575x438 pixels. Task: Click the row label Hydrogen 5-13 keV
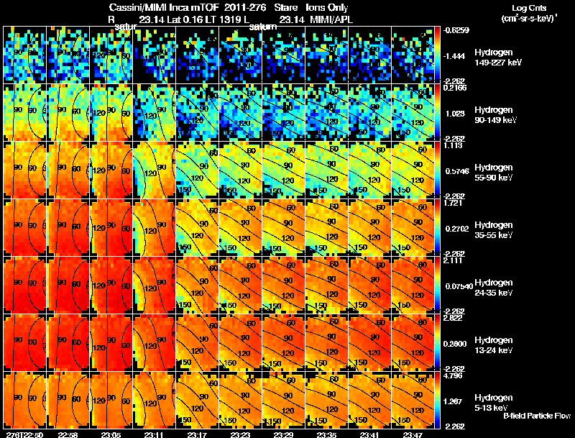click(x=493, y=402)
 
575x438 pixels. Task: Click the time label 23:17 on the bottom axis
click(x=197, y=434)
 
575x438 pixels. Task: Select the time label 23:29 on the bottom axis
click(x=283, y=434)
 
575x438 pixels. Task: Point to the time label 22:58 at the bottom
click(x=68, y=434)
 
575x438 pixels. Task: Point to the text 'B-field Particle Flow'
click(x=536, y=416)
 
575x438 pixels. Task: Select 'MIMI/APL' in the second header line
click(x=326, y=20)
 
